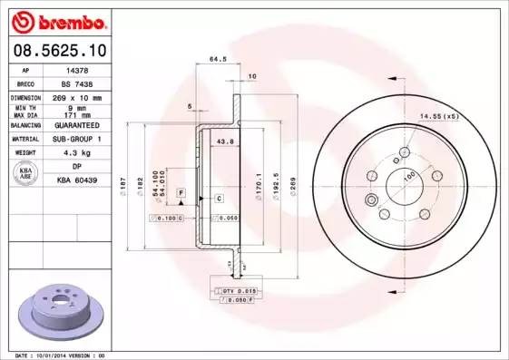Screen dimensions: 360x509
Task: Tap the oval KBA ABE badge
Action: (26, 174)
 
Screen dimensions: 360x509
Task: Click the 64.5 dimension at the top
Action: (218, 60)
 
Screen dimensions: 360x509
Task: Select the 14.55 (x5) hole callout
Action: (439, 115)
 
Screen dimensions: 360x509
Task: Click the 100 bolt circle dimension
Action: (410, 174)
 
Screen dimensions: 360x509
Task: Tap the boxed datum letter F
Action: (181, 194)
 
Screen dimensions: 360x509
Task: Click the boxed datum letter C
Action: (219, 198)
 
